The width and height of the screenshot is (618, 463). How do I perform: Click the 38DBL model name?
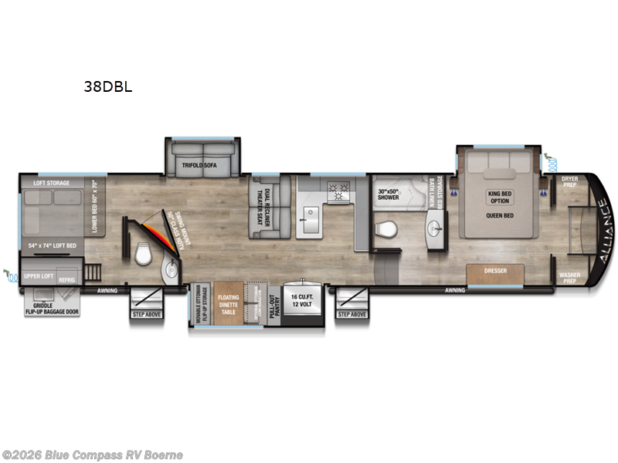coord(108,87)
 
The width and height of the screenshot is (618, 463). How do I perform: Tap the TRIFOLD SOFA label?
coord(202,165)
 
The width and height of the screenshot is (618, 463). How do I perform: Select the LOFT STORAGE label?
coord(51,183)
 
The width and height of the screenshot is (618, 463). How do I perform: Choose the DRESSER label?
coord(495,272)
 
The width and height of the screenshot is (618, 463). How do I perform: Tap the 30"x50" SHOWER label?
coord(388,194)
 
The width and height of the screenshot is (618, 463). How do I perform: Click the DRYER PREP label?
coord(570,181)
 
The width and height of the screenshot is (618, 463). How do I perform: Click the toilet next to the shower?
coord(385,229)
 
